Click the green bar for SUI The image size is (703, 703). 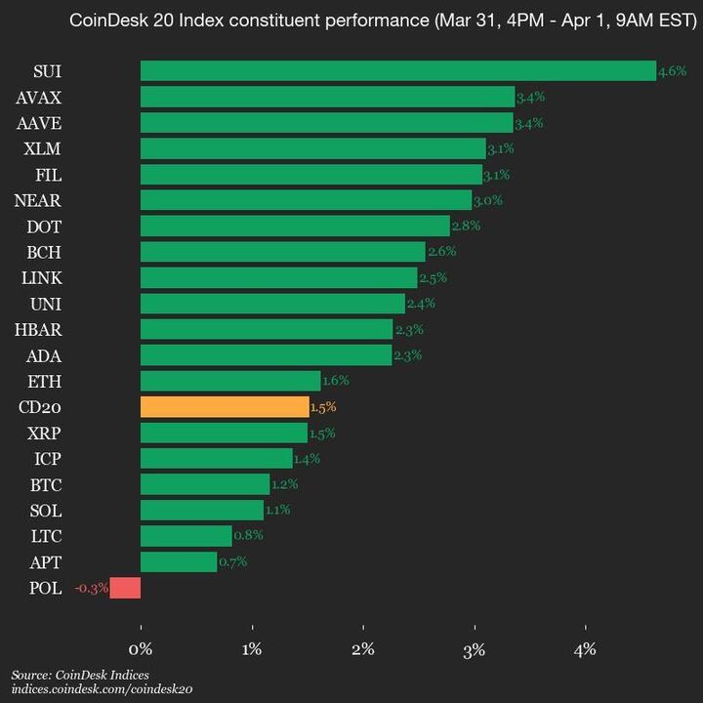[398, 70]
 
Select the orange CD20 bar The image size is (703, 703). [225, 407]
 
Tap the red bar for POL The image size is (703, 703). [125, 588]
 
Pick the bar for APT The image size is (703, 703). [179, 561]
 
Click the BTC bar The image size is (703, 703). [205, 484]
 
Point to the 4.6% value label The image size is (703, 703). [673, 71]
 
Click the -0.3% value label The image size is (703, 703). [91, 588]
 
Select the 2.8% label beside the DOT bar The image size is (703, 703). [466, 227]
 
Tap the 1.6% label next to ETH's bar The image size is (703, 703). [335, 381]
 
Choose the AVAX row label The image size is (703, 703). [39, 97]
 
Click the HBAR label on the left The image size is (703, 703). [39, 329]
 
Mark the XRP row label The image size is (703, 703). [44, 433]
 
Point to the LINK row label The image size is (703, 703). [41, 277]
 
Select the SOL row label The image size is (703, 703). [45, 510]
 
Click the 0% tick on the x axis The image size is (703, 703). [141, 648]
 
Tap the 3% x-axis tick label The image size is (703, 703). [475, 648]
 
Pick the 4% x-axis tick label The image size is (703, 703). [586, 648]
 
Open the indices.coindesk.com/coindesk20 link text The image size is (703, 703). [102, 689]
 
